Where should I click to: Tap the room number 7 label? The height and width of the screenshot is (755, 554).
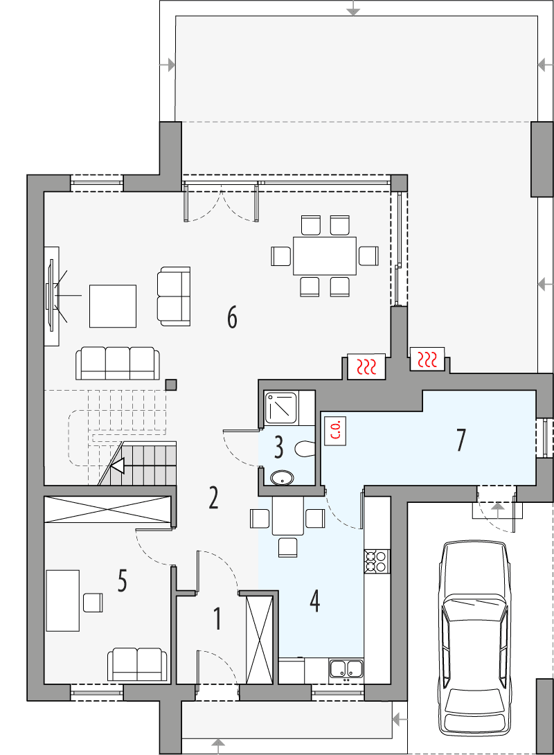(x=461, y=440)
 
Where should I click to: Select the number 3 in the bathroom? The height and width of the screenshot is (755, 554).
(x=278, y=447)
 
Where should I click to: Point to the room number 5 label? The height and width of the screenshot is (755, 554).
(x=122, y=581)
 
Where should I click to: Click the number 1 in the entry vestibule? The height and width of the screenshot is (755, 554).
(x=217, y=619)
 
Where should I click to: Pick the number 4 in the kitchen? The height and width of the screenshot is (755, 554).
(x=314, y=601)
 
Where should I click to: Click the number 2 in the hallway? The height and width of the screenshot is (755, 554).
(x=213, y=497)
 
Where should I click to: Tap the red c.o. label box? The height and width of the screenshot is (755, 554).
(x=334, y=430)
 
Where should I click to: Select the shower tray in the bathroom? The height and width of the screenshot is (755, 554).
(x=281, y=407)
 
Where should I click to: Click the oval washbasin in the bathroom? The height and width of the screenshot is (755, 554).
(x=282, y=477)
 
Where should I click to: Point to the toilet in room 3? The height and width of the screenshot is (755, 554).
(x=305, y=449)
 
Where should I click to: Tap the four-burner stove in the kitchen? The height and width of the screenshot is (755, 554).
(x=377, y=560)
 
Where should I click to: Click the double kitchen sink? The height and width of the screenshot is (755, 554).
(x=347, y=669)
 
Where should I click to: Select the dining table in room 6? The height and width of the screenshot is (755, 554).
(x=325, y=256)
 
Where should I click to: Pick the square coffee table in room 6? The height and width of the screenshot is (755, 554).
(x=113, y=305)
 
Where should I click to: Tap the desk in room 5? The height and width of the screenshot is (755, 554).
(x=62, y=600)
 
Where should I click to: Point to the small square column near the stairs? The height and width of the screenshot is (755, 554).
(x=171, y=384)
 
